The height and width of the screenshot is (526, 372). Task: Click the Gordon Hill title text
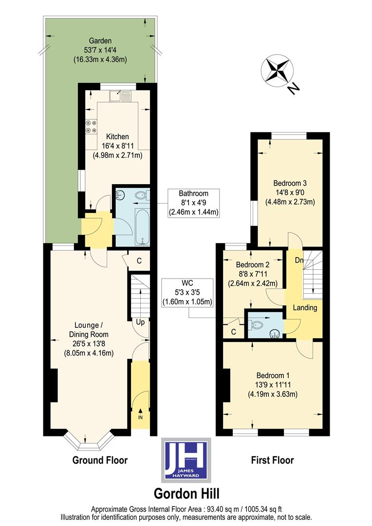(x=186, y=493)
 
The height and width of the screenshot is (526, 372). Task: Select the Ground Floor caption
(x=100, y=460)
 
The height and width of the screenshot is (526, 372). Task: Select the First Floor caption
(x=272, y=460)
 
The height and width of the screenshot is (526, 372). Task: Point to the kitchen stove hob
(x=91, y=127)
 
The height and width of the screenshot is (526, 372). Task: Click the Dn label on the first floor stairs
(x=299, y=260)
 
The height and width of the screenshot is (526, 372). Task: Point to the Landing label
(x=305, y=307)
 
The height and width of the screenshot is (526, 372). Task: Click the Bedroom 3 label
(x=289, y=184)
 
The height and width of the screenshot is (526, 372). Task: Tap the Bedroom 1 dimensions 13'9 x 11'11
(x=273, y=385)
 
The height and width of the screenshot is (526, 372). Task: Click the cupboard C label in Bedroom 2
(x=233, y=332)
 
